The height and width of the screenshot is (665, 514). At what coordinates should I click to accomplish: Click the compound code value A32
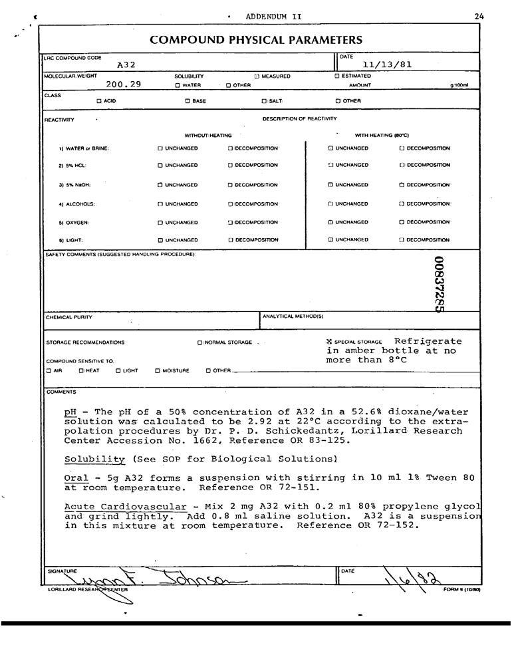(126, 65)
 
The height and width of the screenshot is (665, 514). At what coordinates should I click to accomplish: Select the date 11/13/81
(388, 65)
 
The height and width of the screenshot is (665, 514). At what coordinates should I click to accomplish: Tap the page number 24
(480, 16)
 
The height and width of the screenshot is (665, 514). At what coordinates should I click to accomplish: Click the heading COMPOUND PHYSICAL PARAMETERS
(256, 40)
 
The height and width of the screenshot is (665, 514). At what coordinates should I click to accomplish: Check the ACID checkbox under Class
(98, 101)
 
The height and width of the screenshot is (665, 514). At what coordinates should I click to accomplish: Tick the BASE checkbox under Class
(187, 101)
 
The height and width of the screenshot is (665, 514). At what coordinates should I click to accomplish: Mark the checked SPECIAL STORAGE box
(329, 342)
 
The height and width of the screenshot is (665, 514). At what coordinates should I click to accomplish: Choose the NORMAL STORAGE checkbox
(199, 343)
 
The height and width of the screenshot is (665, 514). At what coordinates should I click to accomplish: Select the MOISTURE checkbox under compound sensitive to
(158, 371)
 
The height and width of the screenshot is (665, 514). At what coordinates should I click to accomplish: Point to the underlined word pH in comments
(70, 412)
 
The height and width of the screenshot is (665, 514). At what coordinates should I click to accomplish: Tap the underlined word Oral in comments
(76, 478)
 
